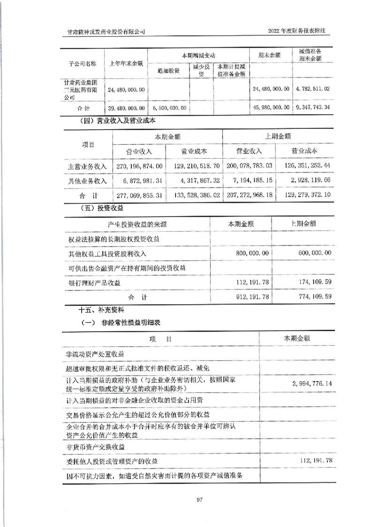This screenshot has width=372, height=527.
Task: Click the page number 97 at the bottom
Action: [186, 499]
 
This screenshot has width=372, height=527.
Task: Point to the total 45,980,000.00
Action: [270, 108]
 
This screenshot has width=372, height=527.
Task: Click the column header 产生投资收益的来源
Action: [137, 225]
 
